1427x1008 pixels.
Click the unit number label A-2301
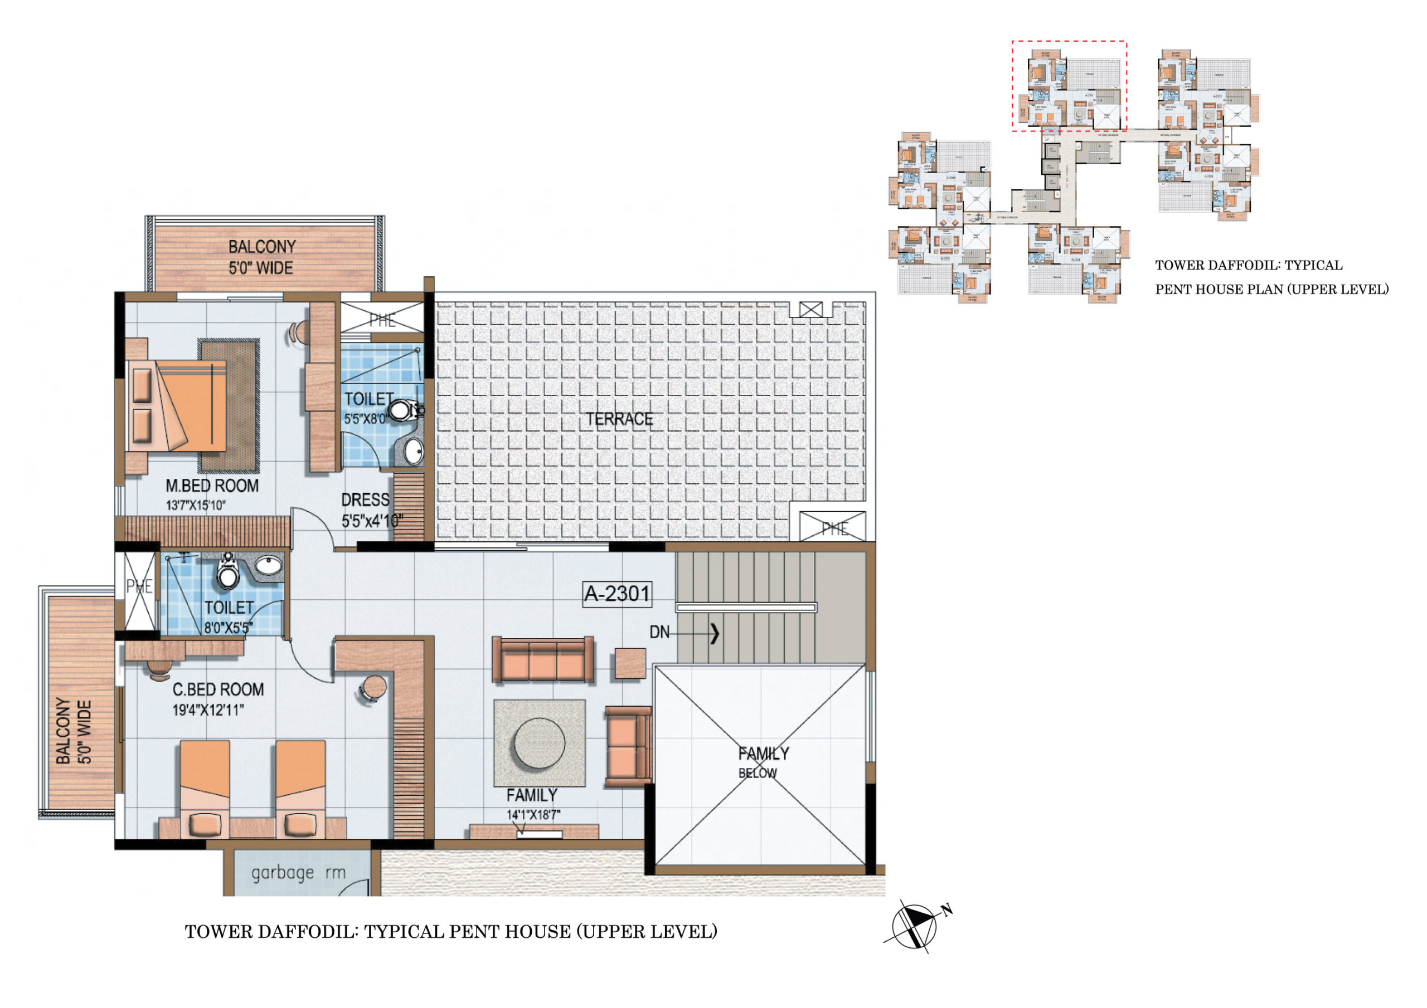[617, 594]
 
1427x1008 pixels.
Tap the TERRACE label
[619, 420]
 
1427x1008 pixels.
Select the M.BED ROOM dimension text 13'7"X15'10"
[196, 506]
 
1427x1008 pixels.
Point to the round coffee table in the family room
[540, 743]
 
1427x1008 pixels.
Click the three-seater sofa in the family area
[542, 660]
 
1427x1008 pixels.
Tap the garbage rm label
[298, 873]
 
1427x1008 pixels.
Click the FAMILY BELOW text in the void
[762, 762]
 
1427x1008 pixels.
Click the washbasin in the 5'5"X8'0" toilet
[412, 452]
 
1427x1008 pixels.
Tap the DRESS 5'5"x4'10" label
[372, 511]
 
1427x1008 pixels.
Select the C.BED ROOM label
[218, 689]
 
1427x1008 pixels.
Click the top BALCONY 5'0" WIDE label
[261, 257]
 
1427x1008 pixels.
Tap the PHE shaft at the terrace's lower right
[833, 527]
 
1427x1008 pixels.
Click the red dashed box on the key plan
[1069, 86]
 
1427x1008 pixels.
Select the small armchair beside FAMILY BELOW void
[628, 746]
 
